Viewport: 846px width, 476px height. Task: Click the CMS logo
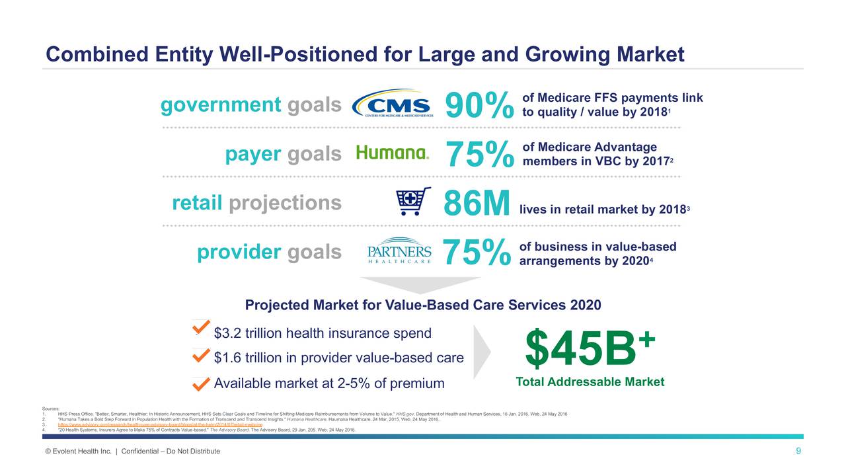393,104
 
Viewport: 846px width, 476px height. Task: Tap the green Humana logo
393,153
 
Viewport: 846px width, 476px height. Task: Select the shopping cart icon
412,202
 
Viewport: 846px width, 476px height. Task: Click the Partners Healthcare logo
399,251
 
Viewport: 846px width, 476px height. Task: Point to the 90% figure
479,106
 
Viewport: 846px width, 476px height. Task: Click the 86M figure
477,203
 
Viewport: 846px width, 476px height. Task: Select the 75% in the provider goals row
477,253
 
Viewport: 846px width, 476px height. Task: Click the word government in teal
221,105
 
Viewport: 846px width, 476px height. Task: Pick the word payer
252,154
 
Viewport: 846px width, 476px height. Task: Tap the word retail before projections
196,203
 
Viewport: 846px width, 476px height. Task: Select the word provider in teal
239,252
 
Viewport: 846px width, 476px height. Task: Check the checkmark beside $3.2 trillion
201,328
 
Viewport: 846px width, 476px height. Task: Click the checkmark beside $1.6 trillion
201,356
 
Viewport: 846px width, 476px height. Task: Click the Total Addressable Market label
590,382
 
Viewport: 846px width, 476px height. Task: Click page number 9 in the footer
798,451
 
